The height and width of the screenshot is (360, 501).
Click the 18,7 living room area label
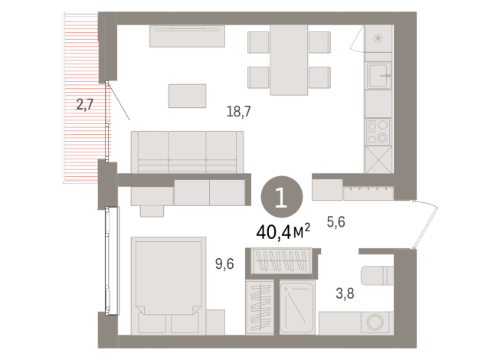[239, 112]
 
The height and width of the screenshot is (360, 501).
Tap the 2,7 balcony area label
[85, 105]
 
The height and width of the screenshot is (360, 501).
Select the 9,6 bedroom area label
[224, 265]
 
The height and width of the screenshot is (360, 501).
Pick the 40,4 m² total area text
[283, 230]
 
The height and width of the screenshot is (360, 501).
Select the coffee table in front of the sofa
[188, 96]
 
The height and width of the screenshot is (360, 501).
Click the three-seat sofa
[188, 151]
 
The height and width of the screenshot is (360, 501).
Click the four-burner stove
[378, 132]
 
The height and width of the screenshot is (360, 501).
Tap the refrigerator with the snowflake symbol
[378, 38]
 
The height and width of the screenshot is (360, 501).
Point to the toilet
[378, 277]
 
